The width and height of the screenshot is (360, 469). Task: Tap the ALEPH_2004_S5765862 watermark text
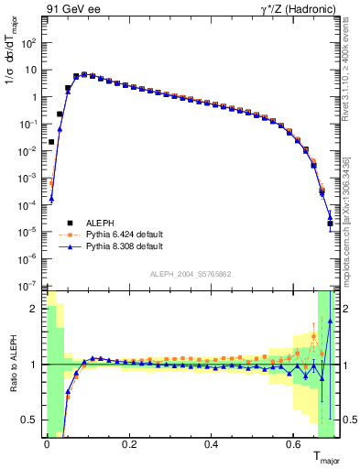coord(190,276)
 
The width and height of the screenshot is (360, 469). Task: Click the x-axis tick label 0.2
coord(129,445)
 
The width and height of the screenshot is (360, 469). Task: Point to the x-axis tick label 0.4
coord(212,445)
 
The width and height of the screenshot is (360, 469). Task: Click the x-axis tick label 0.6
coord(294,445)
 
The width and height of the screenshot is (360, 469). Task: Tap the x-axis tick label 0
coord(47,445)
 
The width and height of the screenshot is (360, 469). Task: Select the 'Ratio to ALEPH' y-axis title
coord(12,365)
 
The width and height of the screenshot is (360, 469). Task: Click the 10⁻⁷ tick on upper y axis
coord(31,286)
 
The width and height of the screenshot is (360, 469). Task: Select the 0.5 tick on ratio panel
coord(31,420)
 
